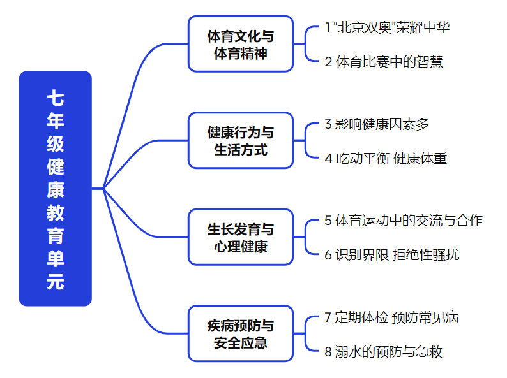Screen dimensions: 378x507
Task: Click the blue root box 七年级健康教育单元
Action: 56,189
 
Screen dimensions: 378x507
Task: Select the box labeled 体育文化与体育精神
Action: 241,44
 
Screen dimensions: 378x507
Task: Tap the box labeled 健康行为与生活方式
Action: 241,140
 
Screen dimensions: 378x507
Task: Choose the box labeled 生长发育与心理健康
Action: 241,237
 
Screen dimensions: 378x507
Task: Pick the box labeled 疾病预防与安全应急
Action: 241,333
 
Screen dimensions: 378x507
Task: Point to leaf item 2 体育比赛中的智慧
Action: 383,62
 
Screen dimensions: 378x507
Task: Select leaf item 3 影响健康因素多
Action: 377,124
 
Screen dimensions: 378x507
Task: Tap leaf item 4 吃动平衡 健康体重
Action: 386,158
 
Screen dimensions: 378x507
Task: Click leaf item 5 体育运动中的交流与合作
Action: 403,221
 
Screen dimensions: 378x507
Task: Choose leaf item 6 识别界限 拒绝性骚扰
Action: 391,255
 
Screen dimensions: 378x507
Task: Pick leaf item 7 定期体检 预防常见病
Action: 391,317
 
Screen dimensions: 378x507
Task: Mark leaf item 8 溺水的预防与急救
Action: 383,351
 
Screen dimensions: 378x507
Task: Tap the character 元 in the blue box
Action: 56,281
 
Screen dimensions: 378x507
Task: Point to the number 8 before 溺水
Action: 328,351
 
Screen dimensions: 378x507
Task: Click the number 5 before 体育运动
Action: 328,221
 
